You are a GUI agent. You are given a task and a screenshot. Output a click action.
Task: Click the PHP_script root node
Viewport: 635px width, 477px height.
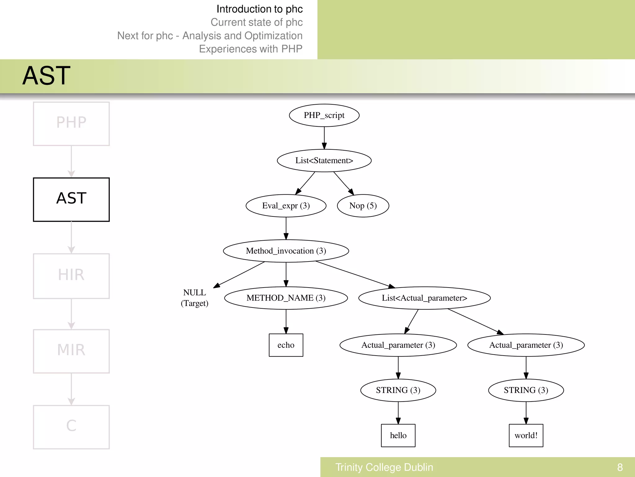click(x=324, y=115)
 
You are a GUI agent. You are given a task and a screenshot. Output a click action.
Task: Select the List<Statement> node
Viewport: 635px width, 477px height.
click(x=324, y=161)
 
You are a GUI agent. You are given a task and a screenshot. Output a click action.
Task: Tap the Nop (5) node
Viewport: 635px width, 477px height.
click(x=363, y=206)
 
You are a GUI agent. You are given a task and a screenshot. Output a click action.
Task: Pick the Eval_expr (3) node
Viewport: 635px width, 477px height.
click(x=286, y=206)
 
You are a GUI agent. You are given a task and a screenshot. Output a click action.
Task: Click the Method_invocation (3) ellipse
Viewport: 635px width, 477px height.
click(x=286, y=251)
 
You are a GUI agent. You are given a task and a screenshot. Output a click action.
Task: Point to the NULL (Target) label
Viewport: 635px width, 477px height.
click(x=194, y=298)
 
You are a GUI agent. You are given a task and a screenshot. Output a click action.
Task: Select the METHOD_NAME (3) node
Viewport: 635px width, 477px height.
click(x=286, y=298)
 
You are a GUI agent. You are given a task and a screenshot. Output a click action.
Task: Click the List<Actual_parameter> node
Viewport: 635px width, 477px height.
click(x=424, y=298)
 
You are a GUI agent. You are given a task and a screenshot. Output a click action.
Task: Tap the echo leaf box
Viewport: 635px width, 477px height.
click(x=286, y=345)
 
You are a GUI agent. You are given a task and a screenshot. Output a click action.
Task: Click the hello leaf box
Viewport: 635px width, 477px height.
click(x=398, y=435)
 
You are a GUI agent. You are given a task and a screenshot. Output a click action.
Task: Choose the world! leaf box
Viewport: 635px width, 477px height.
click(x=526, y=435)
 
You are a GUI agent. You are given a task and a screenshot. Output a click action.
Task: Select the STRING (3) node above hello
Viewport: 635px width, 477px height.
click(x=398, y=390)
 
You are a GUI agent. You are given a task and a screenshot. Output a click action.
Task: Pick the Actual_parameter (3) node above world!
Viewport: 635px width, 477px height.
click(x=526, y=345)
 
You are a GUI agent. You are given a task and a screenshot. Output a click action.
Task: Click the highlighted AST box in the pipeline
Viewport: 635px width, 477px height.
click(x=71, y=199)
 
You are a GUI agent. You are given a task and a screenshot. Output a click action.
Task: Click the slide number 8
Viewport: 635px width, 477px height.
click(x=620, y=467)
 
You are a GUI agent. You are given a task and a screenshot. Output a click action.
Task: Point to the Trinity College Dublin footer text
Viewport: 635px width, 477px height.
click(x=384, y=467)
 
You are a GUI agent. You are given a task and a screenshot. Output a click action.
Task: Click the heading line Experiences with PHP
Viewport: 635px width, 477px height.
click(x=251, y=49)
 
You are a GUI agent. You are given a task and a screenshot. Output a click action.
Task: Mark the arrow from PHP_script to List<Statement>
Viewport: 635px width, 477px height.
click(x=324, y=138)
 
